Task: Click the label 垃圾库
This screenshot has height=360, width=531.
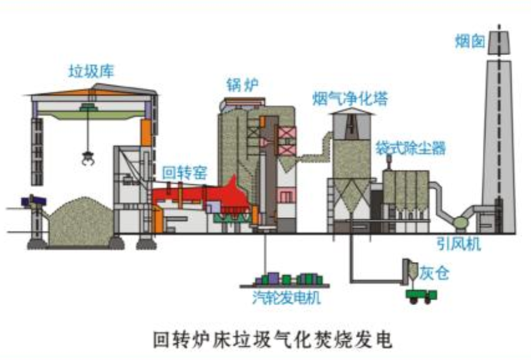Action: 92,71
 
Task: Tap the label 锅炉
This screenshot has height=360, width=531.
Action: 243,85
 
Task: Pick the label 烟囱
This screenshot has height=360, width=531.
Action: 470,42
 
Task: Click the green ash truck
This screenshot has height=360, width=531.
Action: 422,294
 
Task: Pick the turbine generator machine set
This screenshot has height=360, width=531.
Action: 288,279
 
